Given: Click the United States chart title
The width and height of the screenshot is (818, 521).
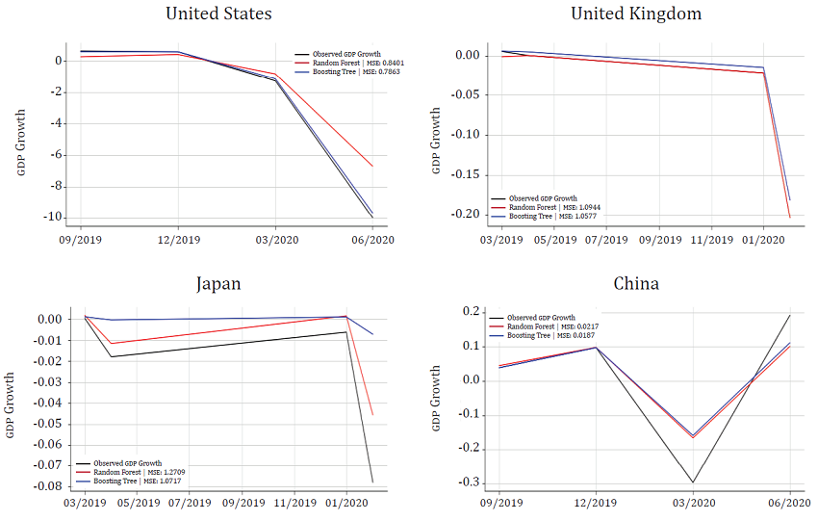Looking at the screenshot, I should (218, 13).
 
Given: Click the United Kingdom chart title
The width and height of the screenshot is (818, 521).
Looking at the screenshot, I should (636, 13).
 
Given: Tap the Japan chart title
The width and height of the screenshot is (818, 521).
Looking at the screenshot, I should (218, 283).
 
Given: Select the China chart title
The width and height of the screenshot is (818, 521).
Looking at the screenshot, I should (636, 283).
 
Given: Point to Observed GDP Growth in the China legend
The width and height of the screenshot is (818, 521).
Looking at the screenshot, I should (541, 318).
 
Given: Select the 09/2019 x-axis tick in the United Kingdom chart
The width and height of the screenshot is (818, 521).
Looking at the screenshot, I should (659, 238).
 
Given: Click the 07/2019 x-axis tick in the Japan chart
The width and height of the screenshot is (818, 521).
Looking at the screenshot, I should (191, 504).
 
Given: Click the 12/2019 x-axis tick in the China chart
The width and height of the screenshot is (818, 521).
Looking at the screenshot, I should (596, 504).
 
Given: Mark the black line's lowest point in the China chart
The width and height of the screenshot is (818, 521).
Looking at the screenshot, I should (692, 482).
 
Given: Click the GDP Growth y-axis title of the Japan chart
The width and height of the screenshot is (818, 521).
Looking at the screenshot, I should (11, 405).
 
